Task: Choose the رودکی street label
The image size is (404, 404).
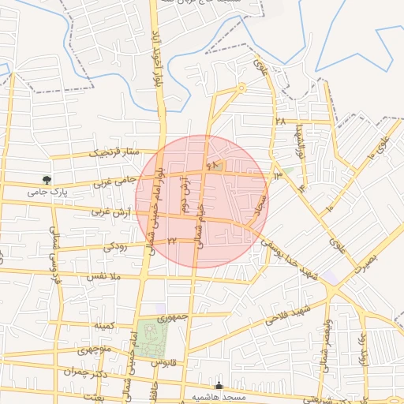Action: point(114,247)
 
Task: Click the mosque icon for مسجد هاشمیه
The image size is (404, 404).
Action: point(219,387)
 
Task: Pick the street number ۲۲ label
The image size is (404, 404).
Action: point(172,241)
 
